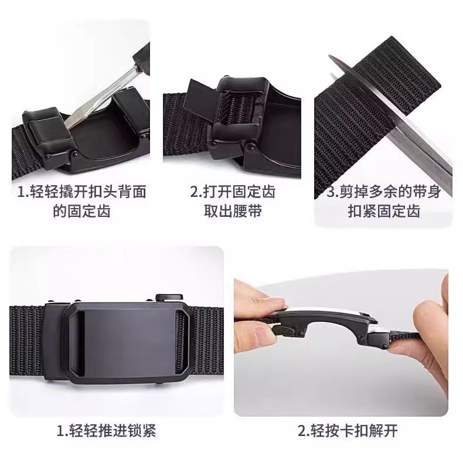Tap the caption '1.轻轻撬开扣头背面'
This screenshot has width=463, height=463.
(x=81, y=192)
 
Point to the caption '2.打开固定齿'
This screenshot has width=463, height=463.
(x=233, y=192)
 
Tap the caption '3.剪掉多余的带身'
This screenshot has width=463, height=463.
(x=383, y=192)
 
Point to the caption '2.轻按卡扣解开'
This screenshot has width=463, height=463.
(x=348, y=431)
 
